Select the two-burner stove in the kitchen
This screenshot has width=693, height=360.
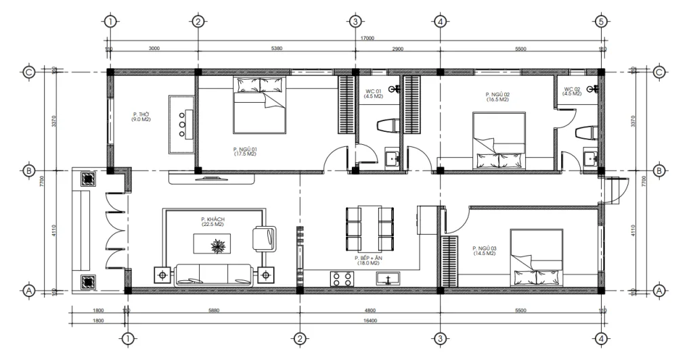click(340, 278)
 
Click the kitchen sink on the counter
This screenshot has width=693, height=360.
click(388, 278)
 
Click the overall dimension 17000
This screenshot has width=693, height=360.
click(367, 39)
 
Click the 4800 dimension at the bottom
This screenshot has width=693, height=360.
click(369, 311)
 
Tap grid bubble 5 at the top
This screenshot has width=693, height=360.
click(600, 21)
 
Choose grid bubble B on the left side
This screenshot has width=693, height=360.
click(28, 171)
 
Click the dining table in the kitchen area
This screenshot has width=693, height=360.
click(370, 229)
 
